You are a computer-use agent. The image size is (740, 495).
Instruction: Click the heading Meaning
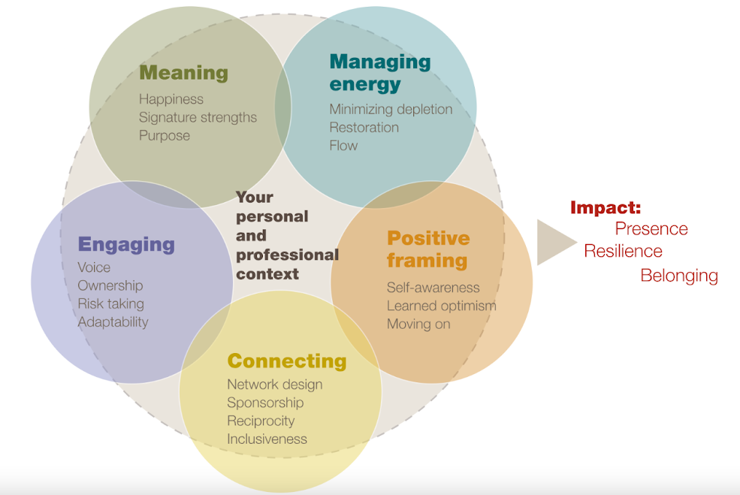[x=183, y=73]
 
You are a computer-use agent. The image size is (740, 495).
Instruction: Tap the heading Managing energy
[x=379, y=72]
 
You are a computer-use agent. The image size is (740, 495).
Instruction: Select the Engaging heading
[x=126, y=244]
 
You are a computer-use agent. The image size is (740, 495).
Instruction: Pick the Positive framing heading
[x=427, y=249]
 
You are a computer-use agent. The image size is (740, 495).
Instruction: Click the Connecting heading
[x=287, y=361]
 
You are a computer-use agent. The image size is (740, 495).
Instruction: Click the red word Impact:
[x=605, y=208]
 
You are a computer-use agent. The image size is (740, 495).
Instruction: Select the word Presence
[x=651, y=229]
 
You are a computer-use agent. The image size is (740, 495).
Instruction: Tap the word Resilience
[x=624, y=252]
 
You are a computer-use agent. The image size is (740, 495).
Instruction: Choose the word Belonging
[x=679, y=276]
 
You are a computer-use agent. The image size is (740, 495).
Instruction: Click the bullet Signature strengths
[x=198, y=118]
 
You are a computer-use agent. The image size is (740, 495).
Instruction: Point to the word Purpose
[x=165, y=136]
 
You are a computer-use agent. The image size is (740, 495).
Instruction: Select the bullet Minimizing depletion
[x=391, y=110]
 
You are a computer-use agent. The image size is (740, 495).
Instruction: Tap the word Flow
[x=343, y=146]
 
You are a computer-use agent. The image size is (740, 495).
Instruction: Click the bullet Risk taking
[x=110, y=304]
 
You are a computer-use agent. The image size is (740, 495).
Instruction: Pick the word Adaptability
[x=113, y=322]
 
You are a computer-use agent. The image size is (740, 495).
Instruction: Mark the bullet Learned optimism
[x=441, y=306]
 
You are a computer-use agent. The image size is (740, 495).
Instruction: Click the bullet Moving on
[x=418, y=324]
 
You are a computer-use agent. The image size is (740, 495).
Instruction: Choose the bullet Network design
[x=274, y=385]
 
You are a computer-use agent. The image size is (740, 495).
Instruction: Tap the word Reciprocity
[x=261, y=421]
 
